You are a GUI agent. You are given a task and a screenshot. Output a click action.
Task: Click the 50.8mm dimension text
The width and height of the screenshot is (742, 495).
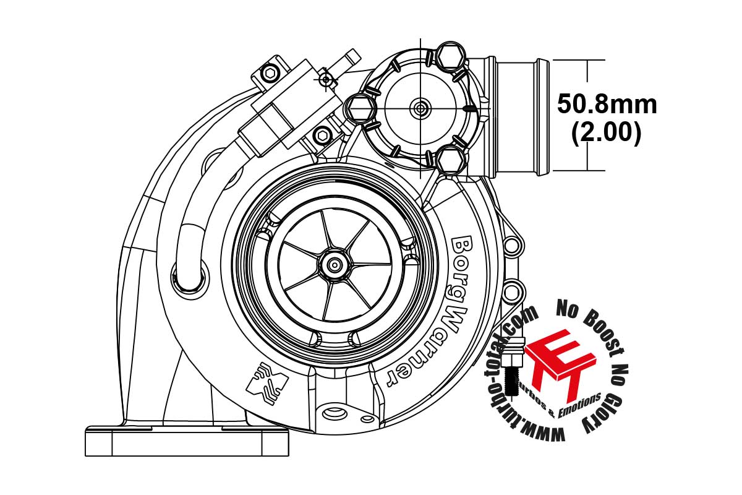pyautogui.click(x=607, y=105)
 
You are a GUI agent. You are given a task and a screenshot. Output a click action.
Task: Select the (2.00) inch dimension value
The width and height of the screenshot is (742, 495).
pyautogui.click(x=606, y=132)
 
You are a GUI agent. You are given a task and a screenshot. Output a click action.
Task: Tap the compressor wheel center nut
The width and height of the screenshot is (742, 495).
pyautogui.click(x=335, y=265)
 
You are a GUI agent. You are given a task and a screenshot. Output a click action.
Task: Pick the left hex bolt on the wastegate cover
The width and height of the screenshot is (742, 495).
pyautogui.click(x=360, y=108)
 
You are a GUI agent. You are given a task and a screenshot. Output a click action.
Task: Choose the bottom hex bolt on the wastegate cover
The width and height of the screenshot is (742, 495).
pyautogui.click(x=451, y=160)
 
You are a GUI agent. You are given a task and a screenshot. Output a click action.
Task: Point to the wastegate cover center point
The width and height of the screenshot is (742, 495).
pyautogui.click(x=420, y=108)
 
